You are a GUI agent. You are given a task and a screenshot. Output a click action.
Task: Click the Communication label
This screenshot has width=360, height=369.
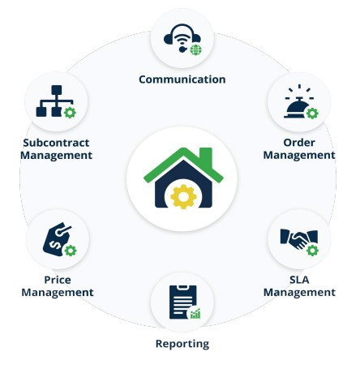click(182, 79)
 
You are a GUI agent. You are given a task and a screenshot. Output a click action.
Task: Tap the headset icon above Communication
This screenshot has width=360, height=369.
click(182, 38)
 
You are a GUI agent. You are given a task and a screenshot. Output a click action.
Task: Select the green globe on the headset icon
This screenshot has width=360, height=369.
click(196, 49)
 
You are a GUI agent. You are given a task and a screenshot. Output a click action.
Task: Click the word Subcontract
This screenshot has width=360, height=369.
click(56, 143)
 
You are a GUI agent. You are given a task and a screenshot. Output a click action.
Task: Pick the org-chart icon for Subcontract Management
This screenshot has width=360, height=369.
click(54, 101)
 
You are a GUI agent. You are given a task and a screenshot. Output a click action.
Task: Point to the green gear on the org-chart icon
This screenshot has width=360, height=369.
click(70, 113)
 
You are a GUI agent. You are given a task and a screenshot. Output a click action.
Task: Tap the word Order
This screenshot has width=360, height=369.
click(299, 143)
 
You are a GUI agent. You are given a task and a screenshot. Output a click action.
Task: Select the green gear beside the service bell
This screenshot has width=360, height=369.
click(312, 114)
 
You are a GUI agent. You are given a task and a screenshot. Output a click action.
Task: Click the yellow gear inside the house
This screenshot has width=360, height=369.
click(183, 196)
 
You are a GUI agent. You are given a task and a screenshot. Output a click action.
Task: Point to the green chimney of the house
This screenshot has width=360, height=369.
click(206, 159)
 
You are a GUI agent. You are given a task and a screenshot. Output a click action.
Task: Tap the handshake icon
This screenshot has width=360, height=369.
click(298, 239)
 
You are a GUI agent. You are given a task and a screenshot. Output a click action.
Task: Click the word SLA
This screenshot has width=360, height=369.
click(299, 280)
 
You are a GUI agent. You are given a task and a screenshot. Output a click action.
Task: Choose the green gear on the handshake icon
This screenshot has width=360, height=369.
click(312, 251)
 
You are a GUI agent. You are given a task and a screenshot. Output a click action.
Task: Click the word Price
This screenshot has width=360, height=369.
click(58, 280)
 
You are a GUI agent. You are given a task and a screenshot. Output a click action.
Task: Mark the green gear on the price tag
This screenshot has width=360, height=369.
click(71, 251)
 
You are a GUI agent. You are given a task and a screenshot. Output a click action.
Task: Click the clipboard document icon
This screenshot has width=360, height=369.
click(182, 302)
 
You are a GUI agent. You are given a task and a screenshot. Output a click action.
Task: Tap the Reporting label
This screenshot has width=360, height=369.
click(182, 344)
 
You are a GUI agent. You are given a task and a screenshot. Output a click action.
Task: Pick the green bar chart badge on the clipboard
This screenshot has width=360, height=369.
click(195, 314)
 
